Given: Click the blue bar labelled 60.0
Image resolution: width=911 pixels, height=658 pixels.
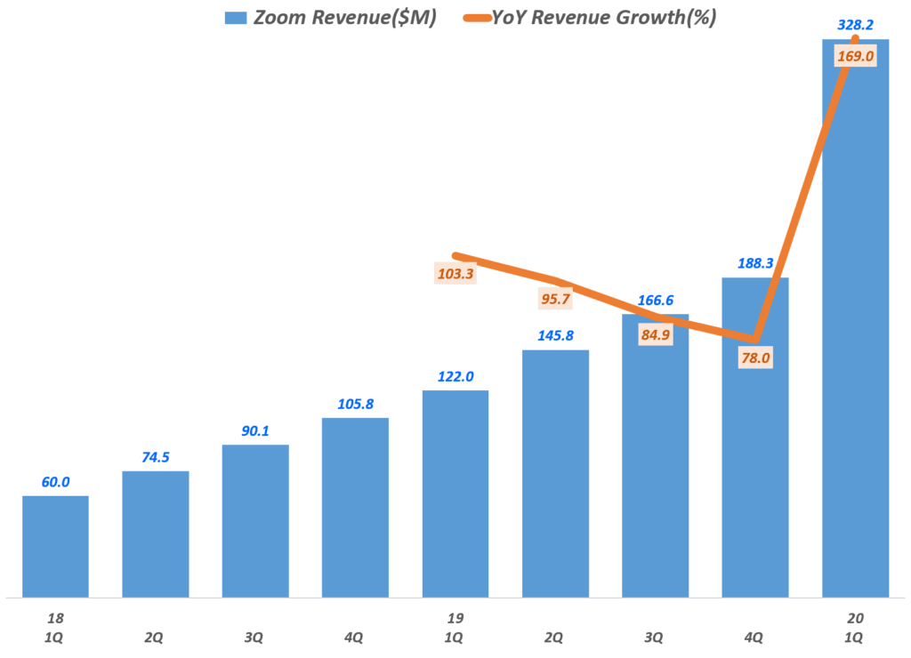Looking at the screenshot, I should pyautogui.click(x=55, y=546).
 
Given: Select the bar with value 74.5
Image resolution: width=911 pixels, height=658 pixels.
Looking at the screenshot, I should pyautogui.click(x=156, y=534).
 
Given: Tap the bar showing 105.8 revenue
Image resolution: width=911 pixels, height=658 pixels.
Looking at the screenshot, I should pyautogui.click(x=355, y=507).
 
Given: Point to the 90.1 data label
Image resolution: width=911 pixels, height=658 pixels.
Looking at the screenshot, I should pyautogui.click(x=255, y=431).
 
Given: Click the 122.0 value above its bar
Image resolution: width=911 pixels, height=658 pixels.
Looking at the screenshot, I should pyautogui.click(x=455, y=377).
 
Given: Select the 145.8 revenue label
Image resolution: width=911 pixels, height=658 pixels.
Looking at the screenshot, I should pyautogui.click(x=555, y=337).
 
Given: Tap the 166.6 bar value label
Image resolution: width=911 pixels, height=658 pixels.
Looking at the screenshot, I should pyautogui.click(x=655, y=301).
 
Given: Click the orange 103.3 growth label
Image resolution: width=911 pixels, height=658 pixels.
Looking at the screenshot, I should pyautogui.click(x=455, y=274).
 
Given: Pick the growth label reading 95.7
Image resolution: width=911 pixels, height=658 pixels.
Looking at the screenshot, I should pyautogui.click(x=555, y=299).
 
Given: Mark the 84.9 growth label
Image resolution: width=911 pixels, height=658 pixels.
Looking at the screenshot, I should pyautogui.click(x=655, y=335).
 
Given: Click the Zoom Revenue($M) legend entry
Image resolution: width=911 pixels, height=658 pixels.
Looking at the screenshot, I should pyautogui.click(x=342, y=18).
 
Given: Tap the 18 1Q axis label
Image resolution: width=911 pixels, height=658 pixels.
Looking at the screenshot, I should pyautogui.click(x=55, y=628).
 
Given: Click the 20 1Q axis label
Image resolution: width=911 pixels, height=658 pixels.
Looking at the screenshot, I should pyautogui.click(x=855, y=628).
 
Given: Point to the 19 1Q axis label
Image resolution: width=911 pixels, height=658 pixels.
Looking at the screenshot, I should pyautogui.click(x=455, y=628).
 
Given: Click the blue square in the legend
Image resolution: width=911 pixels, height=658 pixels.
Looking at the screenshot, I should pyautogui.click(x=235, y=18).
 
